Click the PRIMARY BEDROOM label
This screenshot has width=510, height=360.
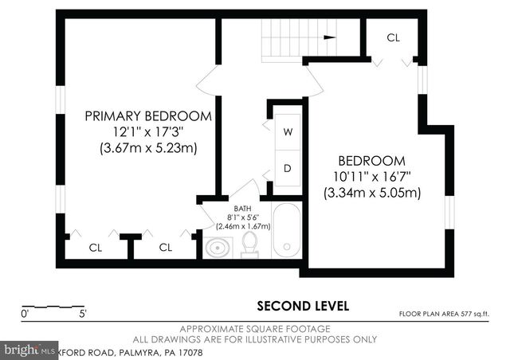(149, 115)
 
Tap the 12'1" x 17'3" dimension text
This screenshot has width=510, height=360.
(149, 131)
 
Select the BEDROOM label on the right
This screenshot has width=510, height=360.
(371, 159)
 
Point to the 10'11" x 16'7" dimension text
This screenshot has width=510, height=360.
(371, 176)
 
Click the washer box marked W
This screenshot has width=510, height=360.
(288, 131)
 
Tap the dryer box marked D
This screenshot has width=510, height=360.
(288, 169)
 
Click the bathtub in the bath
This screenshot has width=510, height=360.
(286, 229)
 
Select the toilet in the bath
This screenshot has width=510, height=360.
(249, 243)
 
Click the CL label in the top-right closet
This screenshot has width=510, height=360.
(393, 37)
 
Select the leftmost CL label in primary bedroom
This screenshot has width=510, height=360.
(96, 248)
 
